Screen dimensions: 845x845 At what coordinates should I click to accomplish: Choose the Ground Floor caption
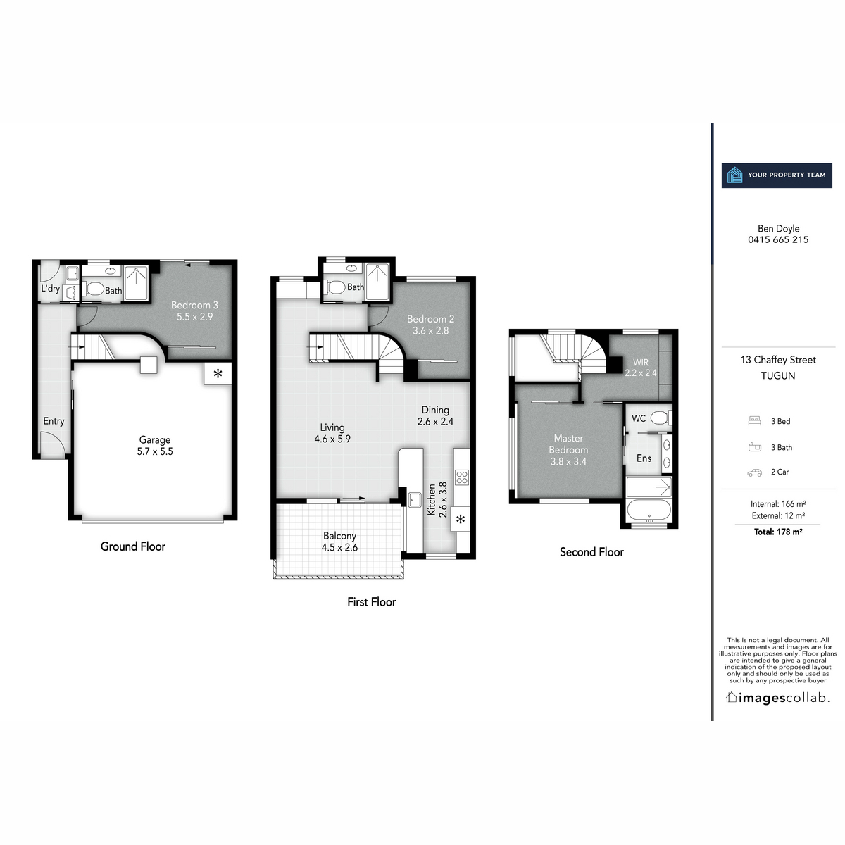[133, 546]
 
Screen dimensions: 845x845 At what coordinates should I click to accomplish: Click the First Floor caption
[371, 602]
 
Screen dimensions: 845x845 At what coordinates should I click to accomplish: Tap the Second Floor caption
[591, 552]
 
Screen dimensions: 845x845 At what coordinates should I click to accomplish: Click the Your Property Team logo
[777, 175]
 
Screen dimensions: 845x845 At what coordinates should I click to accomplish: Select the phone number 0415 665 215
[778, 239]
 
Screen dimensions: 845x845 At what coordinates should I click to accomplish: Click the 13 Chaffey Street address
[778, 360]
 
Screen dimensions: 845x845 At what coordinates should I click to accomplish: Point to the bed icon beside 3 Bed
[755, 421]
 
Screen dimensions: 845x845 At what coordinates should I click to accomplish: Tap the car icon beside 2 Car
[755, 472]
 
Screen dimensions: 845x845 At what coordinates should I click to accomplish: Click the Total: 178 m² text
[778, 532]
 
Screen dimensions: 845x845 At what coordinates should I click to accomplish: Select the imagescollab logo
[778, 698]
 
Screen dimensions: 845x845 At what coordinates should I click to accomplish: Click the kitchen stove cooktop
[462, 477]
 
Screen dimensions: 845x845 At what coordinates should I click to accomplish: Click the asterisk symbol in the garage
[218, 374]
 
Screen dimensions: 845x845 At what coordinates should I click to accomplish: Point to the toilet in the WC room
[659, 417]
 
